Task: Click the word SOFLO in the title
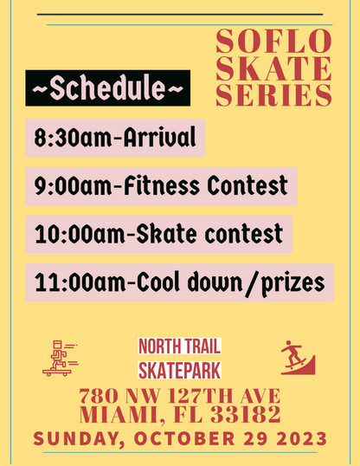[273, 40]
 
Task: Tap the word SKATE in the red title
[273, 68]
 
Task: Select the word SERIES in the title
[273, 94]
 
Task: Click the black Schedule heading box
[107, 88]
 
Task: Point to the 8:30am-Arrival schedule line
[115, 137]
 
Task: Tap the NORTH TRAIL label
[179, 347]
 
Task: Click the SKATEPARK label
[179, 371]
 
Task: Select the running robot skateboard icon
[59, 358]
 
